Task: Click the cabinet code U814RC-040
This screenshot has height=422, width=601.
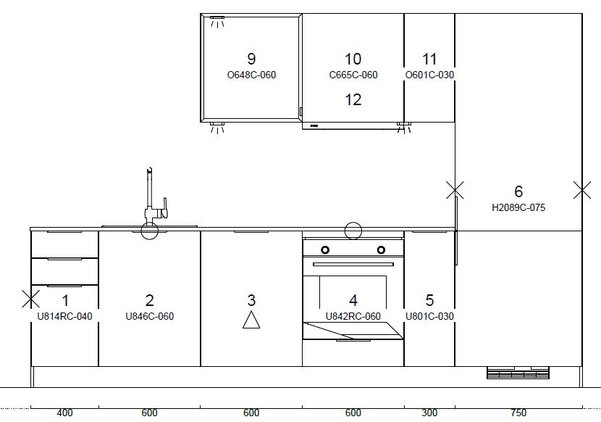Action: click(64, 316)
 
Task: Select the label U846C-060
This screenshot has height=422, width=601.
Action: click(149, 316)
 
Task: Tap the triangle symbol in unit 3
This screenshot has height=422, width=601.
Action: click(251, 320)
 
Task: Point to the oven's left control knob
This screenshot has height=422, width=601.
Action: click(325, 250)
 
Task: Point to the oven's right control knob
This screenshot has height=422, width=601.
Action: click(381, 250)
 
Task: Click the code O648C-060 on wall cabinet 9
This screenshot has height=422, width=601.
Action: click(251, 75)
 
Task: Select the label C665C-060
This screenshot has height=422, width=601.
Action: click(353, 75)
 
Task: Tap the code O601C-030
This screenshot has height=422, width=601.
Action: click(429, 75)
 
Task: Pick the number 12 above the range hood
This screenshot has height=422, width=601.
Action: click(353, 100)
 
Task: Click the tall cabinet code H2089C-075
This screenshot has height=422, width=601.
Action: click(518, 207)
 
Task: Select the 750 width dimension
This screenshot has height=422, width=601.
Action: click(518, 413)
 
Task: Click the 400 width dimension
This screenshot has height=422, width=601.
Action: click(64, 413)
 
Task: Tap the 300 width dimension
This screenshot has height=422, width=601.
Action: click(429, 413)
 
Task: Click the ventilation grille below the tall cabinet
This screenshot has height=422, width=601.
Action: click(518, 373)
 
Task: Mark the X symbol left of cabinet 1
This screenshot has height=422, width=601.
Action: click(30, 299)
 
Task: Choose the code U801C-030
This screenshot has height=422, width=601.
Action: click(429, 316)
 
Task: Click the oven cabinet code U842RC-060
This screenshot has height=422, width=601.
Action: click(353, 316)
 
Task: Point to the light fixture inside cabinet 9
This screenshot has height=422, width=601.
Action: click(217, 22)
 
